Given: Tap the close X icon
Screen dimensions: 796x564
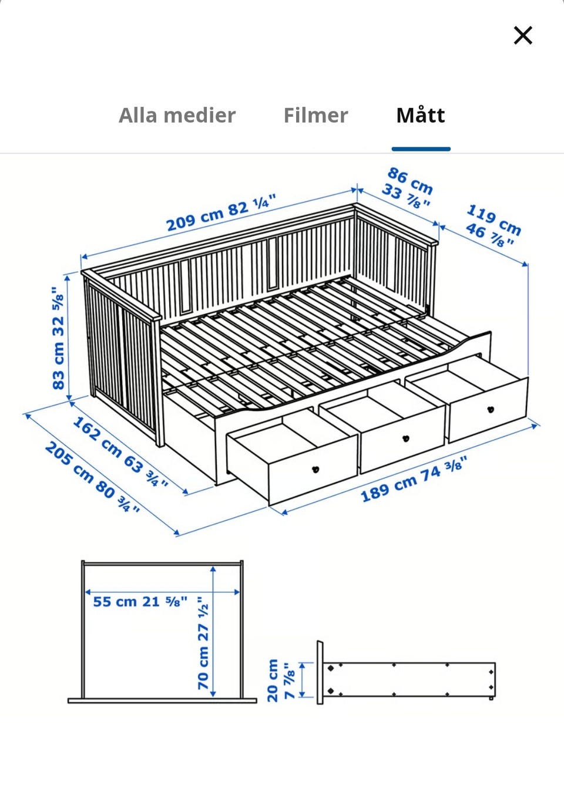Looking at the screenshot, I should coord(522,35).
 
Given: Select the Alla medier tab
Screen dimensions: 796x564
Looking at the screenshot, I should coord(177,115).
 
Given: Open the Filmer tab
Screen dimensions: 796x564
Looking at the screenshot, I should coord(315,115).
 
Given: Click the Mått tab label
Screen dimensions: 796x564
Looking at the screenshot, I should coord(421,115).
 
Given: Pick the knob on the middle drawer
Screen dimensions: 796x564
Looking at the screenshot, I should coord(405,439).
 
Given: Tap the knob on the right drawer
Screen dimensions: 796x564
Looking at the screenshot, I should coord(491,409).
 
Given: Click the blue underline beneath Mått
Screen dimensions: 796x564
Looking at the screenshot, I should coord(421,149).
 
